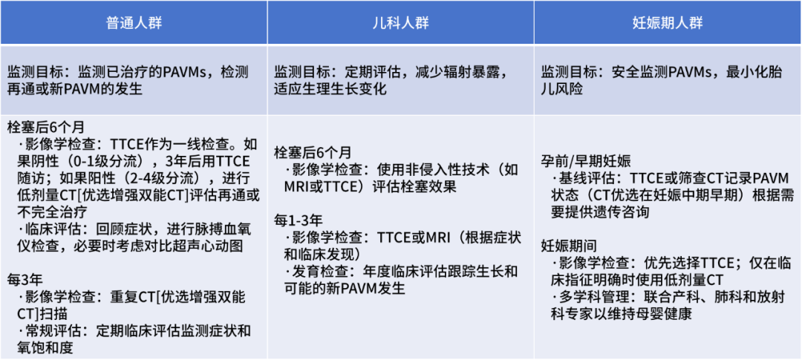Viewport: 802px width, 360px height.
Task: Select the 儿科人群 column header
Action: coord(400,22)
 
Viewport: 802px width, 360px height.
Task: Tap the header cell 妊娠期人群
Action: coord(667,22)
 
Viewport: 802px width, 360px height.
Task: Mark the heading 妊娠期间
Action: coord(567,246)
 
